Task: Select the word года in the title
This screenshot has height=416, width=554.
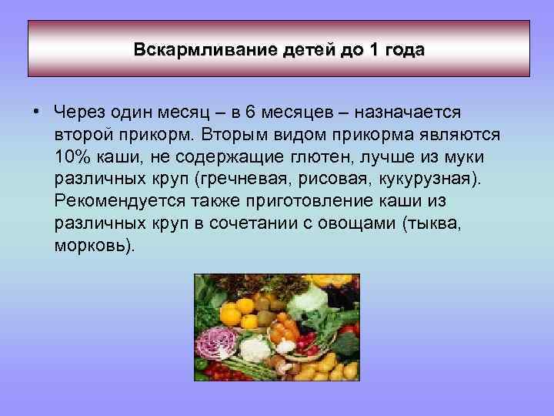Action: [x=403, y=49]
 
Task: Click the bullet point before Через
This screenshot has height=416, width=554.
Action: [x=36, y=112]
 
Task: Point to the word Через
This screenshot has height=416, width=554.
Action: [x=82, y=112]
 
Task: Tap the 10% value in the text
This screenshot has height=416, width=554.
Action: [x=74, y=157]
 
